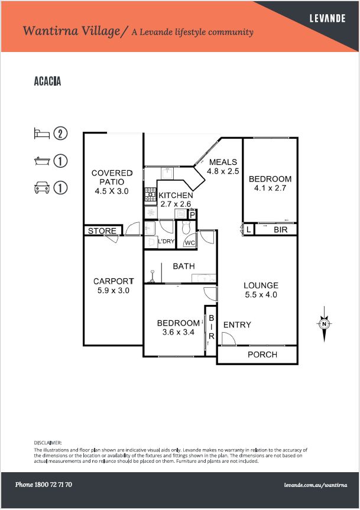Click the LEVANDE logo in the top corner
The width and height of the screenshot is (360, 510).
point(327,18)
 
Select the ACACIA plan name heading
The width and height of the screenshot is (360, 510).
point(47,82)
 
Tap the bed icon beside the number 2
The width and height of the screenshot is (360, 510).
point(42,134)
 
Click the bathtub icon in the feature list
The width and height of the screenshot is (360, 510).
point(42,161)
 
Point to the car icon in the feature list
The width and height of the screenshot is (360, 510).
point(42,188)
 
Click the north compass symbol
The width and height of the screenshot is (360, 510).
point(324,324)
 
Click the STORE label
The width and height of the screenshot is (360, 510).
point(102,230)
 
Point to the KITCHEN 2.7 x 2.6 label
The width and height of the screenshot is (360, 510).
point(176,199)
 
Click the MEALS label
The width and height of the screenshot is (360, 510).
point(223,162)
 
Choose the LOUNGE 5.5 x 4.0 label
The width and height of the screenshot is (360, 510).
point(261,290)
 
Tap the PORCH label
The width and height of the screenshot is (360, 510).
point(262,355)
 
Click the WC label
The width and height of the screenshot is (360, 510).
point(190,243)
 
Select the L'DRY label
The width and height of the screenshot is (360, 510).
point(166,241)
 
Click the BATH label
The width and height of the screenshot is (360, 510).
point(184,266)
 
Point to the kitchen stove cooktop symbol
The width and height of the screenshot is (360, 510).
point(151,196)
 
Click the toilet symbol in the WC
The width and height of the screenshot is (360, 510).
point(186,228)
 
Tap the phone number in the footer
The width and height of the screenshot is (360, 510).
point(44,485)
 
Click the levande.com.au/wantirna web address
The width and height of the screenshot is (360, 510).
point(316,485)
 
